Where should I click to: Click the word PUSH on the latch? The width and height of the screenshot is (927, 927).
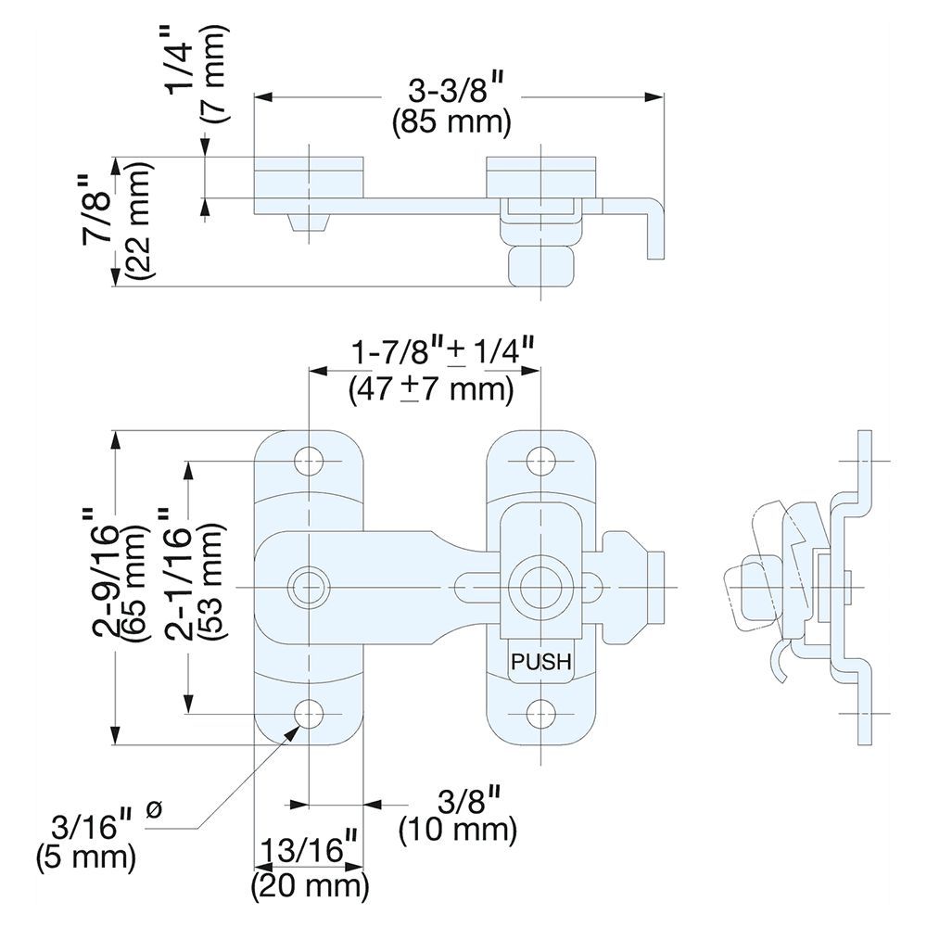pos(540,663)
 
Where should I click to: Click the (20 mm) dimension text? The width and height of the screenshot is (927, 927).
pos(310,885)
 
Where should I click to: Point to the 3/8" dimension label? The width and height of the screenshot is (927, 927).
pos(456,799)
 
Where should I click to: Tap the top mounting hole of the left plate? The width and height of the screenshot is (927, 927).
pos(309,460)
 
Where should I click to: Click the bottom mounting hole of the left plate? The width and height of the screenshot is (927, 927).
pos(309,714)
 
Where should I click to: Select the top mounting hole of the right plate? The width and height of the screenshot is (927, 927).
pos(540,460)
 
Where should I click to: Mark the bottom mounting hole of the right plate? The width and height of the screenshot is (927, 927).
pos(540,714)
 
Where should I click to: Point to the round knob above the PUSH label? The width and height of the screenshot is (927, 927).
pos(540,586)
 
